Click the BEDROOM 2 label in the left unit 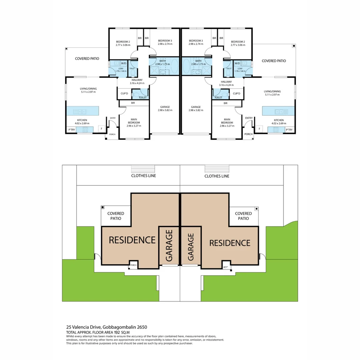coord(123,42)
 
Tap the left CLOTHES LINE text coord(144,176)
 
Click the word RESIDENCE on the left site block coord(132,240)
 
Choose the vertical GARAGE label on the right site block coord(191,247)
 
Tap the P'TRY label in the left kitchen coord(71,129)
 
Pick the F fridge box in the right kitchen coord(259,128)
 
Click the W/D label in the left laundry coord(123,63)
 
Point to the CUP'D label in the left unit coord(124,94)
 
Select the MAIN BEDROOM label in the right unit coord(227,121)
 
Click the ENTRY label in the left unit coord(113,118)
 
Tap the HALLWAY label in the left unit coord(137,80)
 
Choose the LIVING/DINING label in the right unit coord(272,91)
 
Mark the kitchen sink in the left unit coord(80,112)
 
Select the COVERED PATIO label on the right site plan coord(243,216)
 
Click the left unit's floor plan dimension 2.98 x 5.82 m coord(165,110)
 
